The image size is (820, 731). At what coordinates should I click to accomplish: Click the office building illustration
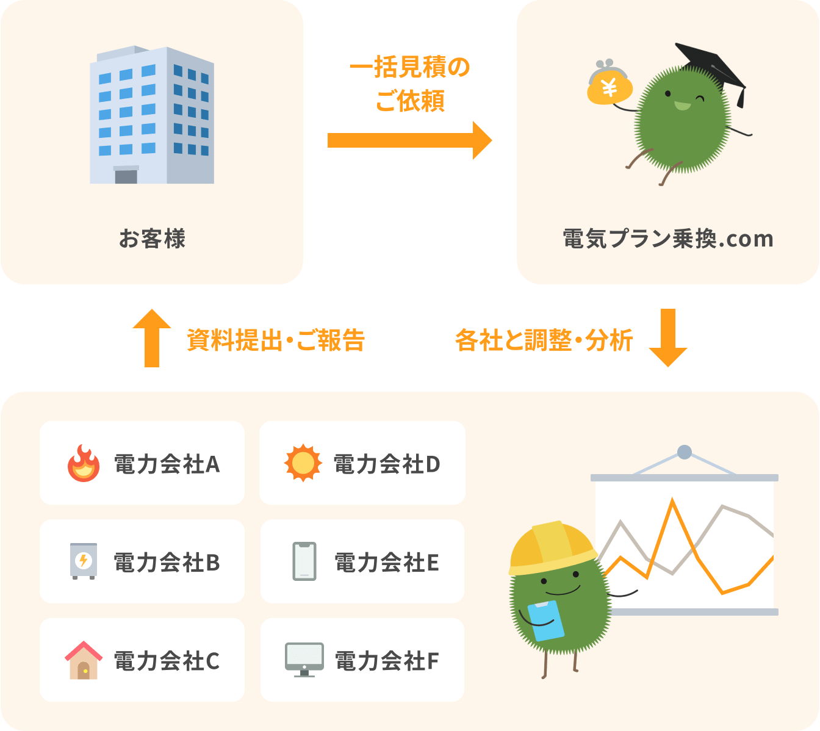(x=152, y=115)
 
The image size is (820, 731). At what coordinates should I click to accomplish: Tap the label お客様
(x=152, y=238)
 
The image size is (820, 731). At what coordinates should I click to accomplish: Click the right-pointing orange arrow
(x=409, y=140)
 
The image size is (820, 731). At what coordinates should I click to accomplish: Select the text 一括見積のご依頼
(x=409, y=84)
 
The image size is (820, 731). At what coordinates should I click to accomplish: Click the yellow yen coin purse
(x=610, y=82)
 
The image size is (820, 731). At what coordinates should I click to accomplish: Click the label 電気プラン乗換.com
(x=668, y=239)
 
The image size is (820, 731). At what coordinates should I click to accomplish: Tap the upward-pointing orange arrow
(x=152, y=338)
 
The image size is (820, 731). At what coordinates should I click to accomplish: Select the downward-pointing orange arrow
(x=668, y=338)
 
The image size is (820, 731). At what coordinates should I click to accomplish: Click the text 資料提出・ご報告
(x=276, y=340)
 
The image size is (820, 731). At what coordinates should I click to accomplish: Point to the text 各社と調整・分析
(x=544, y=340)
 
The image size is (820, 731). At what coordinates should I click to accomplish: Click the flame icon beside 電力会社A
(x=84, y=463)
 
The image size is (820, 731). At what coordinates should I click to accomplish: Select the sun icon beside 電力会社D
(x=303, y=463)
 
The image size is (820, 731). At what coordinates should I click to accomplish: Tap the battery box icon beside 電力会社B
(x=84, y=561)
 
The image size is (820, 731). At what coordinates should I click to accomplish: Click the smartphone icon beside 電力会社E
(x=304, y=561)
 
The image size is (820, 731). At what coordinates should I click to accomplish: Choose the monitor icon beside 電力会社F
(x=304, y=660)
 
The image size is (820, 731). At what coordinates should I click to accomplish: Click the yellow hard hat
(x=553, y=548)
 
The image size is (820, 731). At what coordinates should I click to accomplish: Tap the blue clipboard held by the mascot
(x=545, y=621)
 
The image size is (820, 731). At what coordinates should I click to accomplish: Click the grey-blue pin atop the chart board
(x=685, y=452)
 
